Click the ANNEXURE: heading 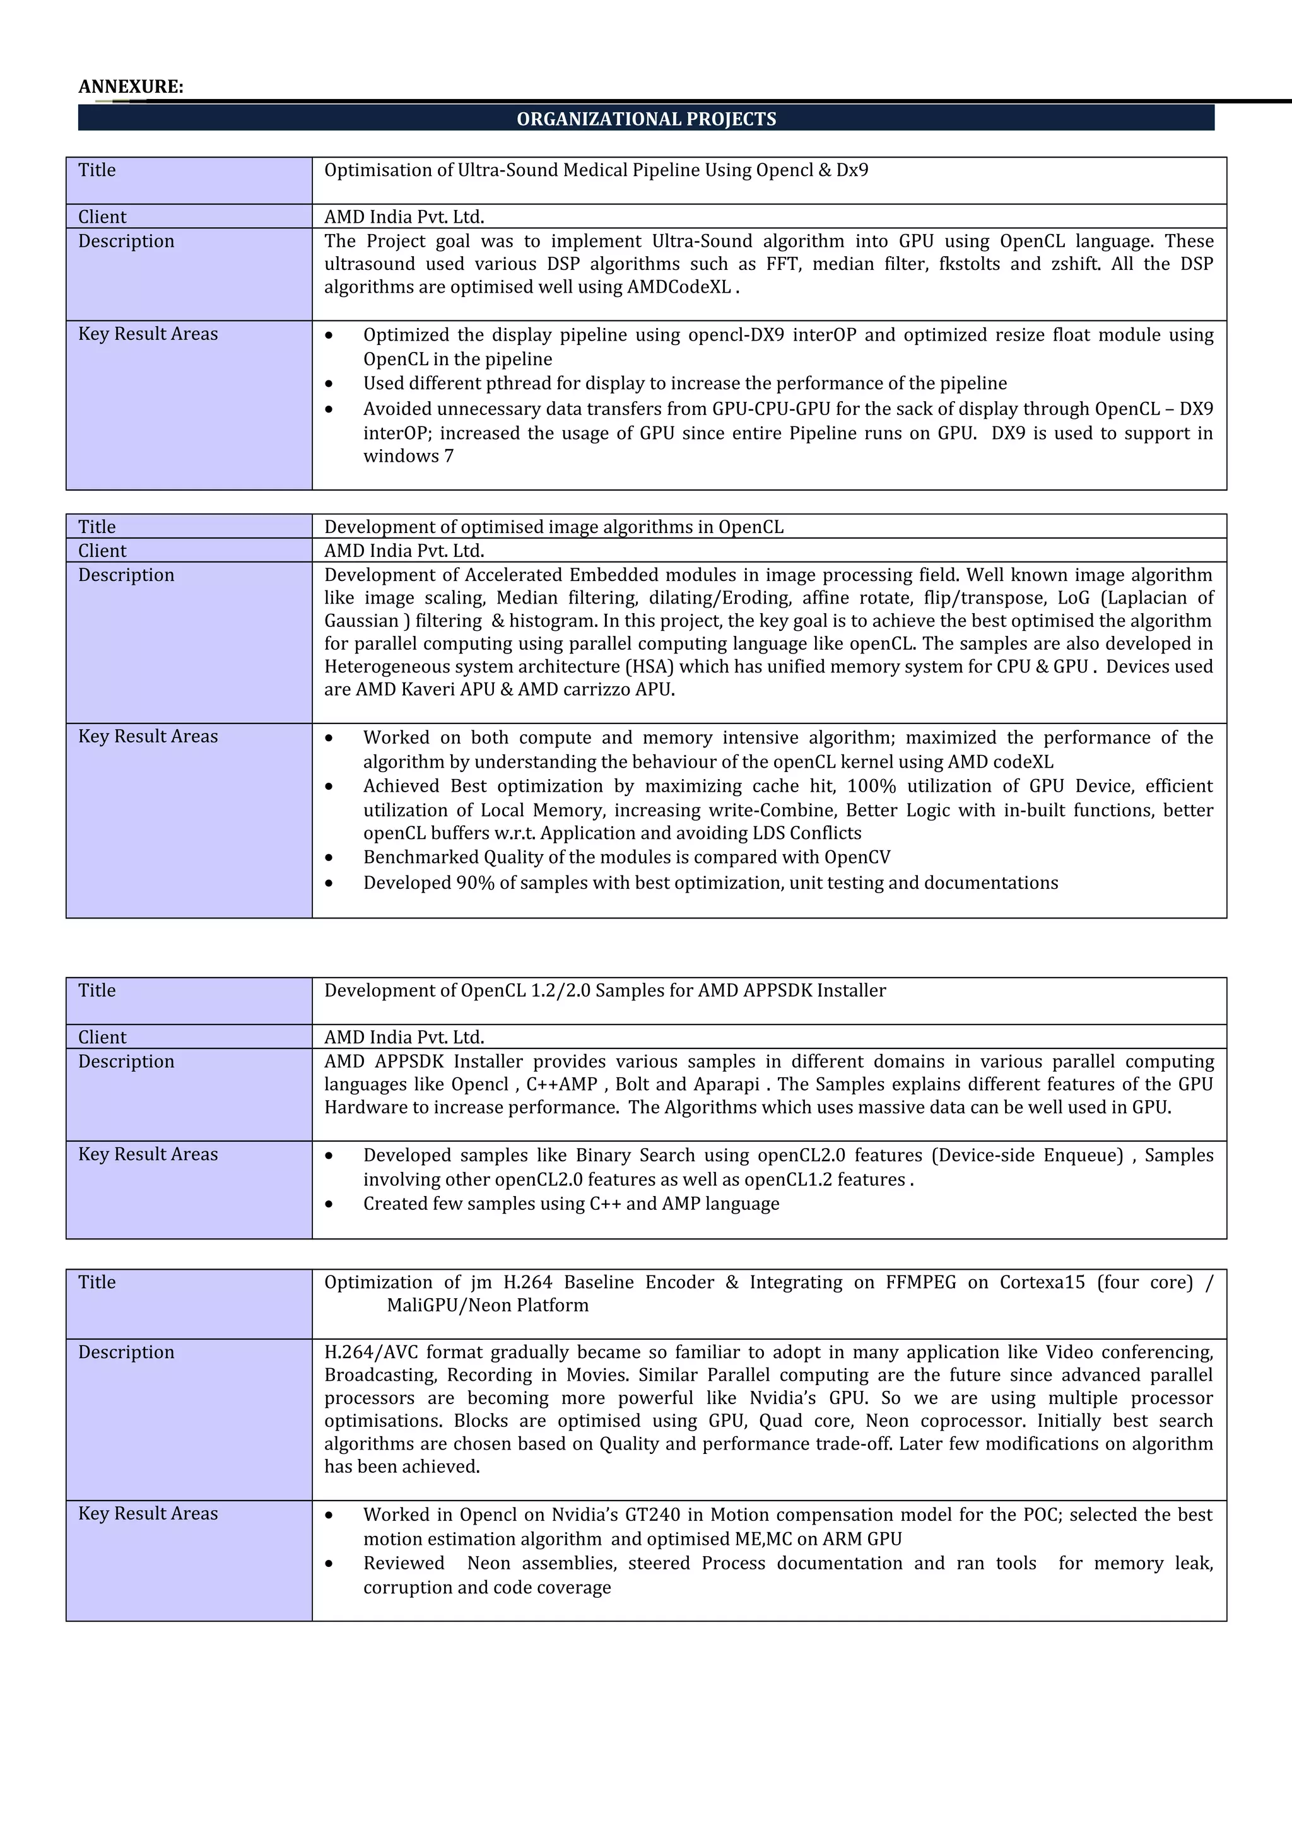point(131,87)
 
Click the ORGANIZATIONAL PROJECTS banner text point(645,119)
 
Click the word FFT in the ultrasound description point(782,264)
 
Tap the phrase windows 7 point(408,456)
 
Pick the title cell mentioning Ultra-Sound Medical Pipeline point(596,170)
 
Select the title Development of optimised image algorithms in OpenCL point(553,527)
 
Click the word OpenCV point(857,857)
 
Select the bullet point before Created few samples point(329,1205)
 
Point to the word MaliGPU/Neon point(450,1305)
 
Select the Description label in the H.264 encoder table point(126,1352)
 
